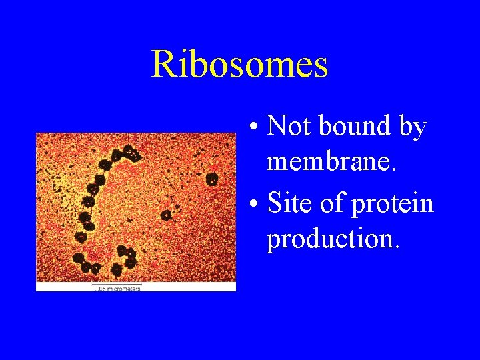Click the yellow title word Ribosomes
tap(239, 65)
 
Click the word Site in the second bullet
tap(291, 203)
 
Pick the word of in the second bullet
tap(333, 203)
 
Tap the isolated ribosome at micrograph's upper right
tap(211, 178)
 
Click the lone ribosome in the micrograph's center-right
tap(166, 215)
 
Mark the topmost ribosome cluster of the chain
tap(130, 153)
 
